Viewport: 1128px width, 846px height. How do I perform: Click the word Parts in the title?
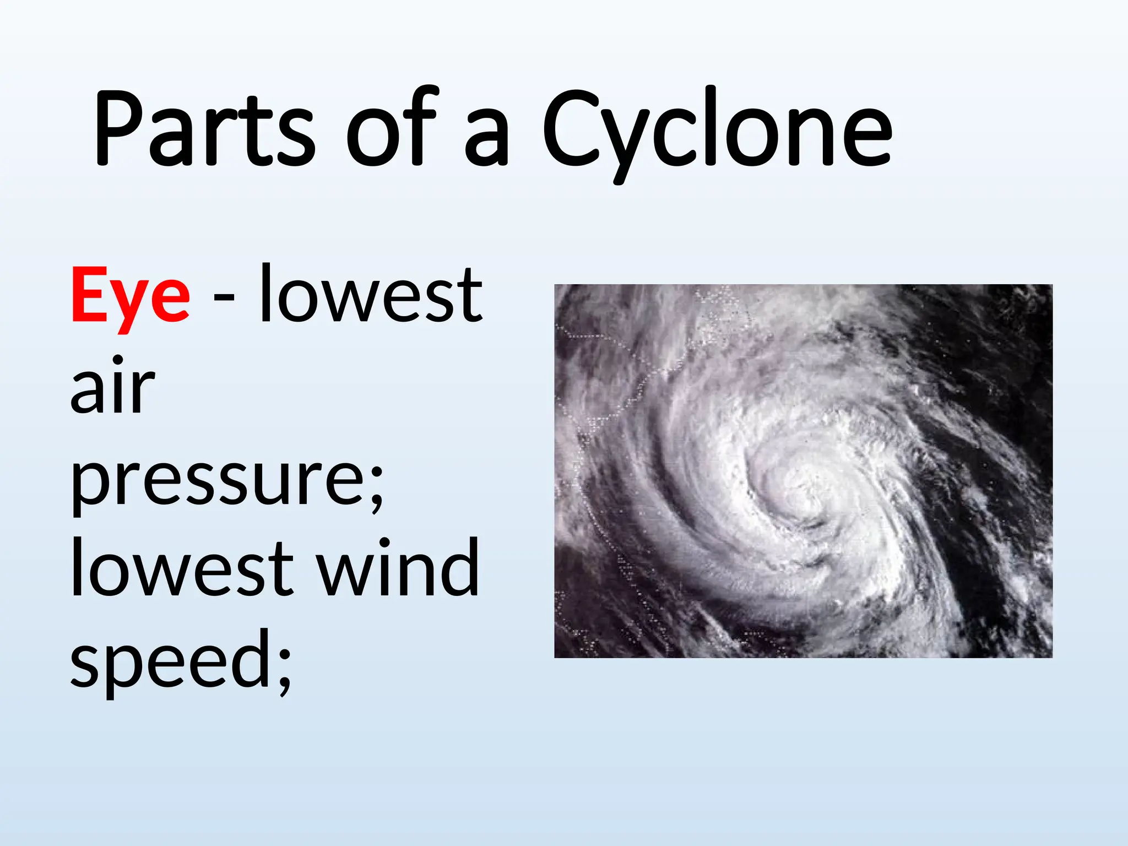[x=204, y=129]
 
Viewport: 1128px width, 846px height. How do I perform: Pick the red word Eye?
[x=131, y=297]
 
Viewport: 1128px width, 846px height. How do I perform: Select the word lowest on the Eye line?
[x=371, y=295]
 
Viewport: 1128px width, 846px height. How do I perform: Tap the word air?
[x=112, y=386]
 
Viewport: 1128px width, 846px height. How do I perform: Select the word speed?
[x=171, y=661]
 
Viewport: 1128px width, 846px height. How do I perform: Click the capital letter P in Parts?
[x=118, y=129]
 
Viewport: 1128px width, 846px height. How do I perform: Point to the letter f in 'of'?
[x=421, y=127]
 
